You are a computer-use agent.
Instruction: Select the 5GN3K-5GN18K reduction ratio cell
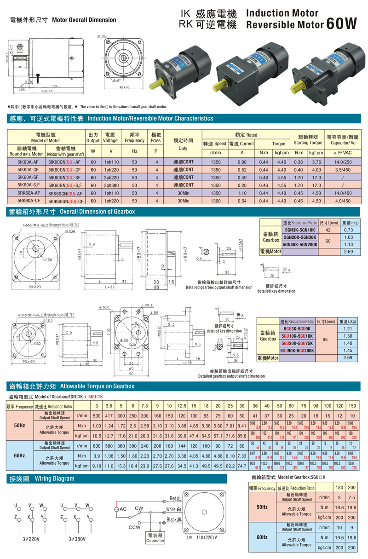click(x=299, y=230)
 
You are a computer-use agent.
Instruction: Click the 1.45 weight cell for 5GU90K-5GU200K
click(x=348, y=351)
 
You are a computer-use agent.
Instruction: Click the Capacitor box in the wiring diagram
click(x=155, y=538)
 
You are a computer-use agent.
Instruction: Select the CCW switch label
click(x=134, y=527)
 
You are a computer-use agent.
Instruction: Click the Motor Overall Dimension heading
click(x=84, y=20)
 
